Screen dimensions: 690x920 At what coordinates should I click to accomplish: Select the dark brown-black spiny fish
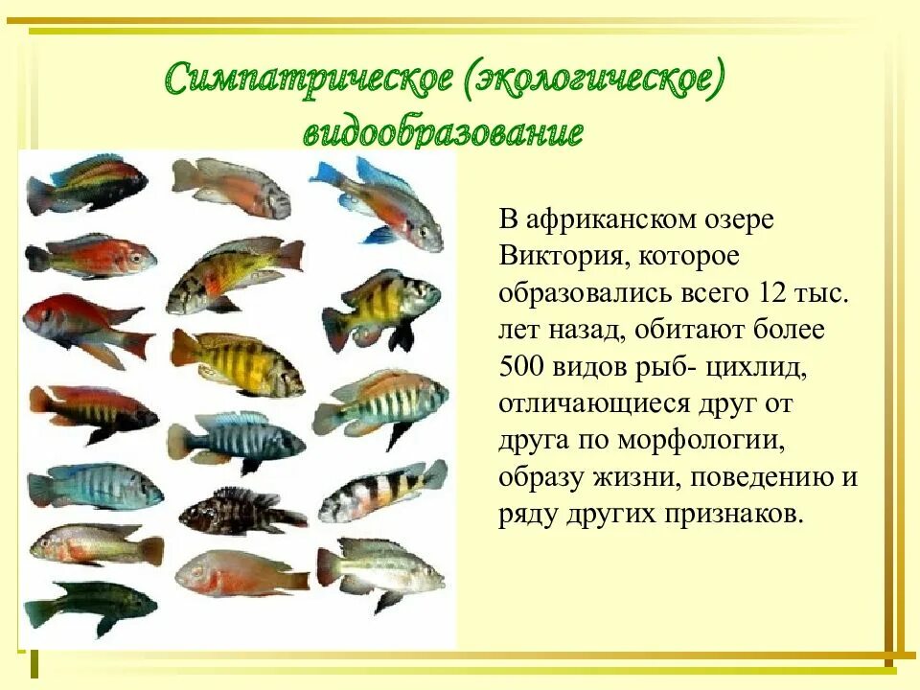coord(241,512)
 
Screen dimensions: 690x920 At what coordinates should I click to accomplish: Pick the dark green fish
coord(90,605)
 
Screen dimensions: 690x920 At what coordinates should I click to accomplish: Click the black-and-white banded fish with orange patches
coord(382,490)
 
